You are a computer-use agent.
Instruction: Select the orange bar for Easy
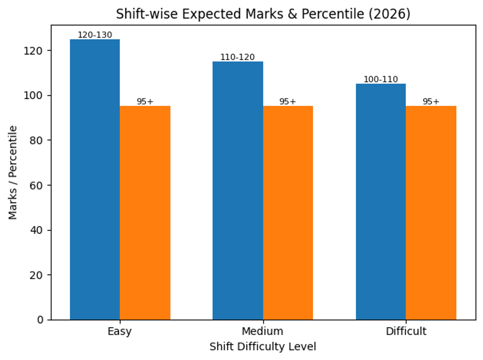click(145, 213)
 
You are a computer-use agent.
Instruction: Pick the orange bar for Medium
click(288, 213)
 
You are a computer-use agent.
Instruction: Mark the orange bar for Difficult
click(431, 213)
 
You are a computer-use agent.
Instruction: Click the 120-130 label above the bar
click(95, 35)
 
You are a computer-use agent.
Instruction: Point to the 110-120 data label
click(237, 57)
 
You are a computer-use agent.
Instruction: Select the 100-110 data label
click(381, 79)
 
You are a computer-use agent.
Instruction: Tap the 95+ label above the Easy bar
click(145, 101)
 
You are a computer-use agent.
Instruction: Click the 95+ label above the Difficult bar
click(431, 101)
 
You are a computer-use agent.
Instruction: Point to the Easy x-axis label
click(120, 332)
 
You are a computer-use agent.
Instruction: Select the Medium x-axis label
click(262, 332)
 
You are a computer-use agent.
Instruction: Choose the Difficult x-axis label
click(406, 332)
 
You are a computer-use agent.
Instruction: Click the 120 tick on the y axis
click(39, 51)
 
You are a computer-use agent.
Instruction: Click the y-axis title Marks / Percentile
click(13, 173)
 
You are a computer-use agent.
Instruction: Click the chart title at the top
click(263, 14)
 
